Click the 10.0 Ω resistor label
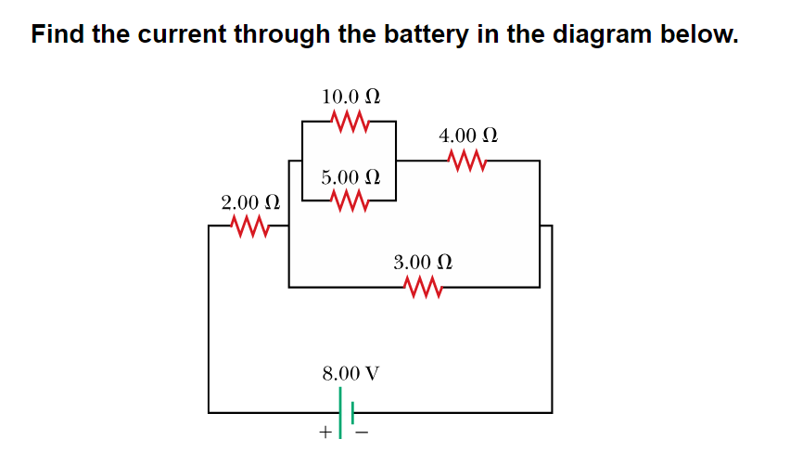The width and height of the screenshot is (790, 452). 350,97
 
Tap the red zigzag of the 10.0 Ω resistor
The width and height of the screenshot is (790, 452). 350,122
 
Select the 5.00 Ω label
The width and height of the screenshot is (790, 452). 350,176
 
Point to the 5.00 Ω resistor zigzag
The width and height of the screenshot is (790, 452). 350,200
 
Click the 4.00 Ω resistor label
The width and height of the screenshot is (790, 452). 468,136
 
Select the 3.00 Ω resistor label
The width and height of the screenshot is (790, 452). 423,263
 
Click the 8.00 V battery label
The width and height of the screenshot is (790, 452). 350,373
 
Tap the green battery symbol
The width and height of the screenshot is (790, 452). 346,411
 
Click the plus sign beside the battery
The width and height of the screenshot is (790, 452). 325,433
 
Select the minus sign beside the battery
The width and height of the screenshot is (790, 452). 363,433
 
